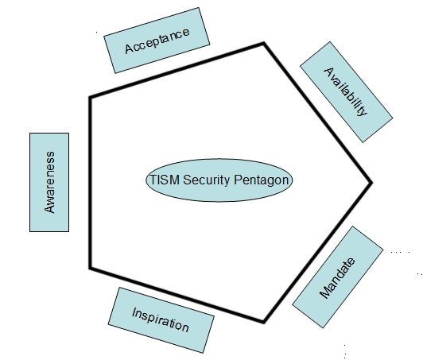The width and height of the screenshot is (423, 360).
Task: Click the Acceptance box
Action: tap(157, 41)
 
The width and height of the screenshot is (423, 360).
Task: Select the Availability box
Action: tap(347, 92)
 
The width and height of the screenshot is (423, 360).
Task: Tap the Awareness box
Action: tap(49, 182)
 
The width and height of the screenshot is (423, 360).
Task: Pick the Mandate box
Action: tap(338, 277)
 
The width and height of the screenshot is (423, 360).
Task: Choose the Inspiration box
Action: tap(161, 320)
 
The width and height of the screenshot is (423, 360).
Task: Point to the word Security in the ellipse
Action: tap(207, 180)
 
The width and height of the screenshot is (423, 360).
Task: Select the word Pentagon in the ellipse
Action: tap(261, 180)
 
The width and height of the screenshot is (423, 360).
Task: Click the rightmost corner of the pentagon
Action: tap(371, 183)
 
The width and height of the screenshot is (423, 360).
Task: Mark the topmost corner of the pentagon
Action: tap(264, 44)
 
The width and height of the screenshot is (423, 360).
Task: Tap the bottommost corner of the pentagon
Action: tap(263, 322)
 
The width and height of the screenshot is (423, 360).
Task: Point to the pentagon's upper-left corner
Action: tap(90, 97)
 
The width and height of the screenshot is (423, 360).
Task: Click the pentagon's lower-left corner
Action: tap(90, 268)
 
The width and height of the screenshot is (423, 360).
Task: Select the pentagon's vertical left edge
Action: tap(90, 183)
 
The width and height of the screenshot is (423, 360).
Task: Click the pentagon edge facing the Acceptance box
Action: tap(177, 70)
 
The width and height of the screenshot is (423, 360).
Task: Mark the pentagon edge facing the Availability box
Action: tap(317, 113)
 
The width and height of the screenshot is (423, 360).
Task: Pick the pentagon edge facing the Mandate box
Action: tap(317, 253)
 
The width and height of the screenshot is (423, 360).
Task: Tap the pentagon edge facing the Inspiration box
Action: tap(177, 295)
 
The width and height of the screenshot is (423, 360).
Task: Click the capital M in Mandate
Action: tap(327, 290)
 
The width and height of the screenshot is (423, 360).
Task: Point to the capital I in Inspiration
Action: tap(134, 312)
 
